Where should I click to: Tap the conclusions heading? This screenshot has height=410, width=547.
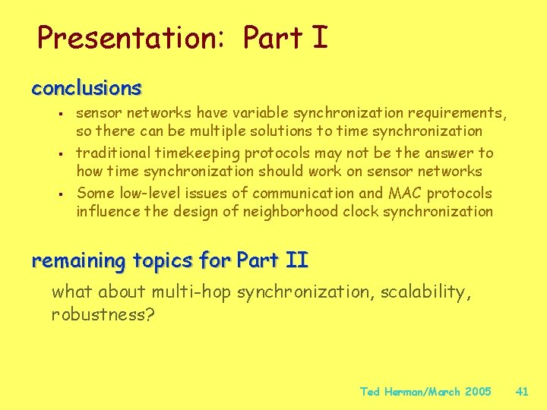click(x=86, y=88)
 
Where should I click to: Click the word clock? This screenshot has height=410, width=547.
click(x=360, y=211)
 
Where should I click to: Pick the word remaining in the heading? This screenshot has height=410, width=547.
click(x=78, y=261)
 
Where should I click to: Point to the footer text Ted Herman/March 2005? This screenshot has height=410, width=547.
click(x=425, y=392)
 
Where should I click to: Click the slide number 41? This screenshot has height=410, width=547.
click(x=522, y=392)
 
